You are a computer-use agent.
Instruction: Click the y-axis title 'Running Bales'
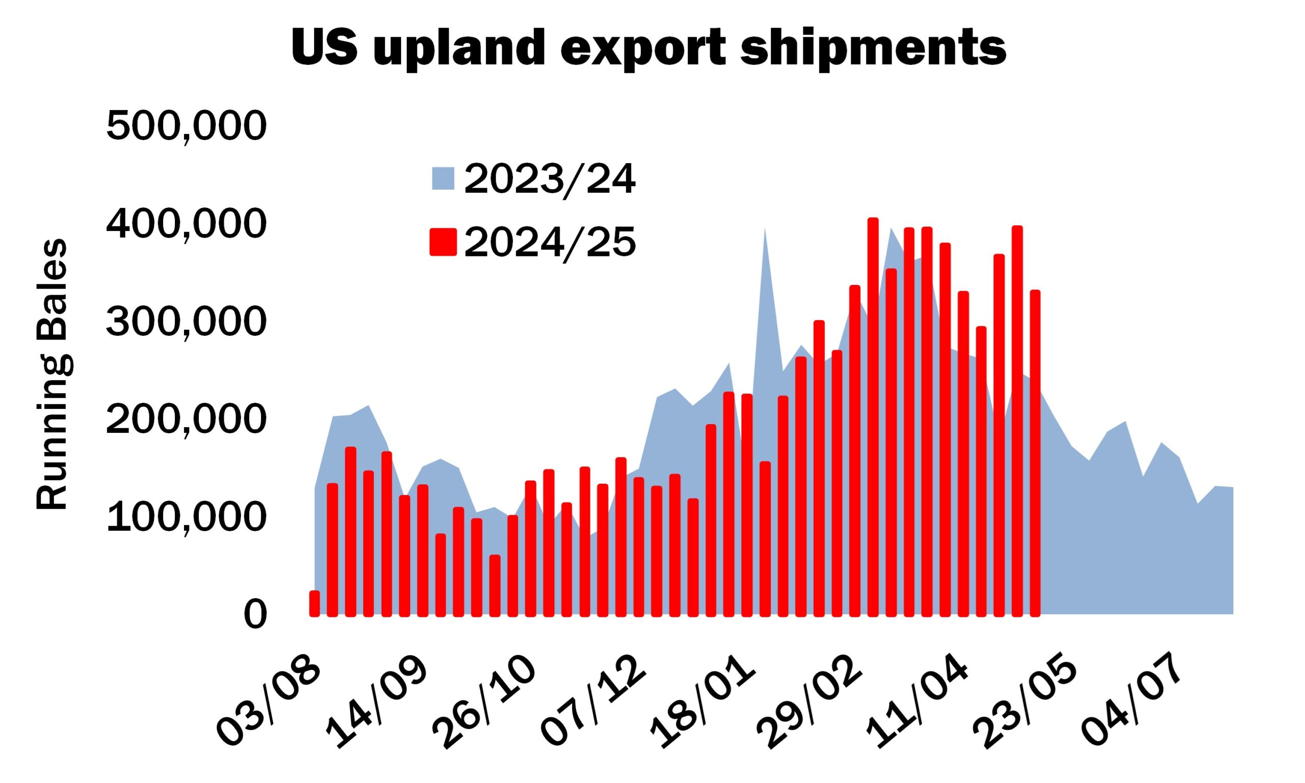(51, 375)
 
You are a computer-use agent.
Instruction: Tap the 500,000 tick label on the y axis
(186, 126)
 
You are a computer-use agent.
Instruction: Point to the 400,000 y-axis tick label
(186, 224)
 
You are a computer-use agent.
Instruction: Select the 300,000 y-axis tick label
(186, 322)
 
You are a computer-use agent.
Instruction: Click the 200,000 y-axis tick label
(186, 420)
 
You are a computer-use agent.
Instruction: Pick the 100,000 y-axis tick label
(186, 517)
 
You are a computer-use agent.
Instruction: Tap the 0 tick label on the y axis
(255, 615)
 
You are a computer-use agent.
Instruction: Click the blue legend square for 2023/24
(443, 178)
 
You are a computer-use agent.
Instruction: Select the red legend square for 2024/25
(443, 242)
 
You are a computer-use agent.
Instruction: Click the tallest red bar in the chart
(873, 417)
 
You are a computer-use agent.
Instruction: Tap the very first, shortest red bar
(315, 604)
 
